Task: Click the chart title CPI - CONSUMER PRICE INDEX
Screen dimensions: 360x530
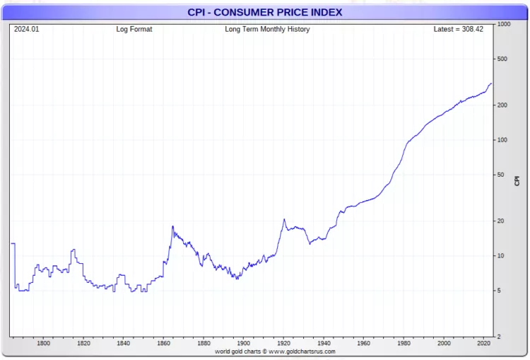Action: point(264,12)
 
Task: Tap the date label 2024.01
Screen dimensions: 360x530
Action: point(27,30)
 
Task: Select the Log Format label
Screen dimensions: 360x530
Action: point(134,30)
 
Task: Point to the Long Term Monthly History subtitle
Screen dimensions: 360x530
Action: point(267,30)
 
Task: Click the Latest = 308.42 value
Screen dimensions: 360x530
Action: point(458,30)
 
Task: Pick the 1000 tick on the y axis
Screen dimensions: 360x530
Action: point(504,24)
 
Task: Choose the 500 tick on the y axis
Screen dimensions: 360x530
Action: point(502,59)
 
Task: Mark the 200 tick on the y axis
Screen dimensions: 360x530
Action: point(502,105)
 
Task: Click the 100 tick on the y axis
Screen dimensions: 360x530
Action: point(502,139)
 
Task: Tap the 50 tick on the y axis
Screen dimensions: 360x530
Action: point(501,175)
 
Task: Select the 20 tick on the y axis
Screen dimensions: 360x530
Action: point(501,221)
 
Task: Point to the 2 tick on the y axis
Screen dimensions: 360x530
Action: point(499,337)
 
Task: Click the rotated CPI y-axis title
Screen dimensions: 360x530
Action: point(517,180)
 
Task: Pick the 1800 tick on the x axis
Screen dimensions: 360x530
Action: point(43,343)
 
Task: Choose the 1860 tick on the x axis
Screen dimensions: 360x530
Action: point(163,343)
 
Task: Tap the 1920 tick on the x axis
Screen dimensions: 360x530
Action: point(283,343)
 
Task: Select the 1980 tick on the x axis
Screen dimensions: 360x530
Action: point(404,343)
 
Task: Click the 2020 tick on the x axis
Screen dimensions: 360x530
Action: point(483,343)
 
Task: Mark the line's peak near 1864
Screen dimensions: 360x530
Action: point(172,226)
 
